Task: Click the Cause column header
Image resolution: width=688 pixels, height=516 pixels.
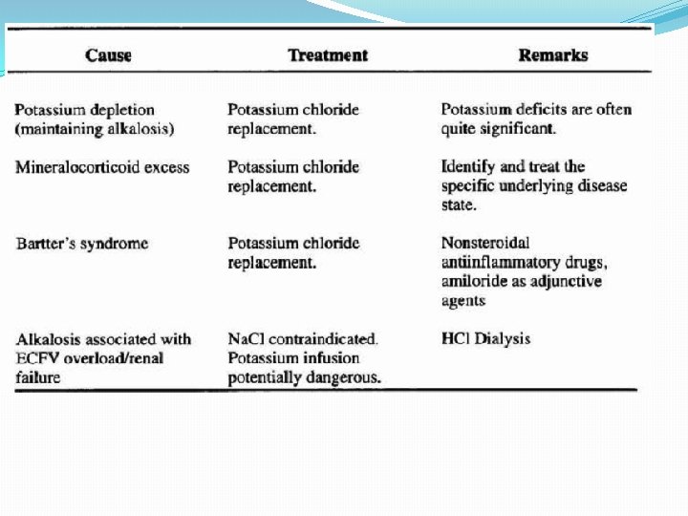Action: pos(108,55)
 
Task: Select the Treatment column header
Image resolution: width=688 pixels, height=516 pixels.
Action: pos(327,55)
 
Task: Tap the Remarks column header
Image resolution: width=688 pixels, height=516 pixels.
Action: pos(552,55)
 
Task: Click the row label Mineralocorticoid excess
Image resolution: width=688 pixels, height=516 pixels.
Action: pos(102,167)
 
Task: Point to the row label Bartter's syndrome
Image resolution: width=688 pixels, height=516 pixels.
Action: pos(81,244)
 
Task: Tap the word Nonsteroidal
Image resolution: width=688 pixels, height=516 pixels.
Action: pos(485,244)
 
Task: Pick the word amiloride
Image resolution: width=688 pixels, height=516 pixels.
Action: pos(478,282)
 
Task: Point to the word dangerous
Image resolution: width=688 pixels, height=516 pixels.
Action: pos(345,377)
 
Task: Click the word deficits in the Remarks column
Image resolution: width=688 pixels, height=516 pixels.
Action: pos(541,110)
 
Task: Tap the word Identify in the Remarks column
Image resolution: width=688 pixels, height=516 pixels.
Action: pos(469,167)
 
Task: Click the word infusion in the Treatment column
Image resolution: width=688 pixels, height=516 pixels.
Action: pos(332,358)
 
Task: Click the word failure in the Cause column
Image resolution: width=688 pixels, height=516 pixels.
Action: pos(37,377)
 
